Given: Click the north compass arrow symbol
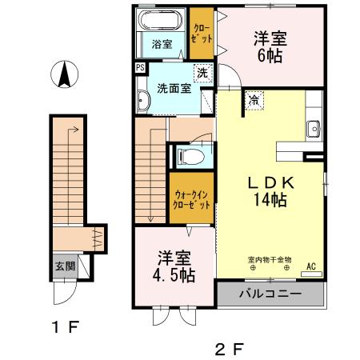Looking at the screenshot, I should coord(65,77).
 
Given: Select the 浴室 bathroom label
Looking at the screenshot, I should coord(162,44).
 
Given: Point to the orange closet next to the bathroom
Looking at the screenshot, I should coord(202,34).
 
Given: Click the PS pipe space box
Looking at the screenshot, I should coord(140,69).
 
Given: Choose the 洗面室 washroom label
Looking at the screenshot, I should coord(174,88).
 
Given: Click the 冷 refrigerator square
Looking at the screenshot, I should coord(254,101).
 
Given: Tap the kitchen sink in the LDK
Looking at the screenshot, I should coord(312,128).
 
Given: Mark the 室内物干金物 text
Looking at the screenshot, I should coord(269,260).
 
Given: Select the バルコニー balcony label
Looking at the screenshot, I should coord(270,294).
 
